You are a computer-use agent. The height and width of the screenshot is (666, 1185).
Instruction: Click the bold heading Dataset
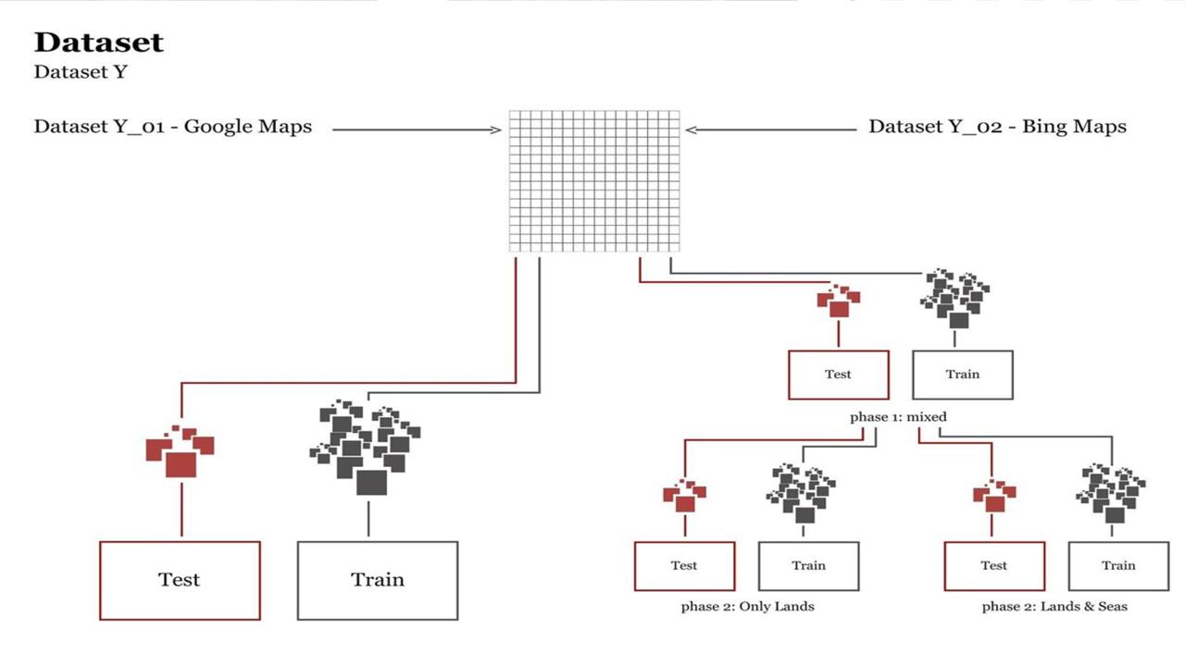(x=99, y=43)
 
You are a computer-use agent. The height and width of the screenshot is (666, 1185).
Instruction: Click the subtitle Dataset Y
(x=81, y=72)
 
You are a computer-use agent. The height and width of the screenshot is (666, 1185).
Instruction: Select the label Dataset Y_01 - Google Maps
(x=173, y=127)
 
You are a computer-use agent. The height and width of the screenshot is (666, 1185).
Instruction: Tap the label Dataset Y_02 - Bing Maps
(x=997, y=127)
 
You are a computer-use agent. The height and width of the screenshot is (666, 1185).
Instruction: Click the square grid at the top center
(x=594, y=180)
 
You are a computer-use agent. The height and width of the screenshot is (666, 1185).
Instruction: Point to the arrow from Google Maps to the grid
(x=417, y=130)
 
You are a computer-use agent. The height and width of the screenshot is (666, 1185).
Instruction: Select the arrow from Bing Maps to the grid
(x=771, y=130)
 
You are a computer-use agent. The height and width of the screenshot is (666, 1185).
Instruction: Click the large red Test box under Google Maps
(x=180, y=580)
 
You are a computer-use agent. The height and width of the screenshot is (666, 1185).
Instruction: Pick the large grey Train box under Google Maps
(x=378, y=580)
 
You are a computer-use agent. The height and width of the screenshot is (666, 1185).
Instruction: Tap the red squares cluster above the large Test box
(x=181, y=451)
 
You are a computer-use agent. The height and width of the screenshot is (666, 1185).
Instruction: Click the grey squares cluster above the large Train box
(x=365, y=445)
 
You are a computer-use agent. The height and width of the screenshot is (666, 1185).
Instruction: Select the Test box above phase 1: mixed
(x=839, y=375)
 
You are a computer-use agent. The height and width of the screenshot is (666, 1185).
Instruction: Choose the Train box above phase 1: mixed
(x=963, y=375)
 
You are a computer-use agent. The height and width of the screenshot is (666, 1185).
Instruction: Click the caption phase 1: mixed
(x=898, y=417)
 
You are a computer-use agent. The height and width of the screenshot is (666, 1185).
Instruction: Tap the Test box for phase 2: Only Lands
(x=684, y=566)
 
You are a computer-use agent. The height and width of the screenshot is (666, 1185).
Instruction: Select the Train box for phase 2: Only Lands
(x=808, y=566)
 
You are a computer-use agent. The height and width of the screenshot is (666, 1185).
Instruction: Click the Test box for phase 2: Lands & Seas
(x=994, y=566)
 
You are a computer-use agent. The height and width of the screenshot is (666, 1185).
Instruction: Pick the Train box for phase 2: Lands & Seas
(x=1118, y=566)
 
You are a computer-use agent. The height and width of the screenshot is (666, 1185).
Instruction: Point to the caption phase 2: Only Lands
(x=747, y=607)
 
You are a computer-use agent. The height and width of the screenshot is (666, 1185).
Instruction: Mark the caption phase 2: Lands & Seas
(x=1054, y=607)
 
